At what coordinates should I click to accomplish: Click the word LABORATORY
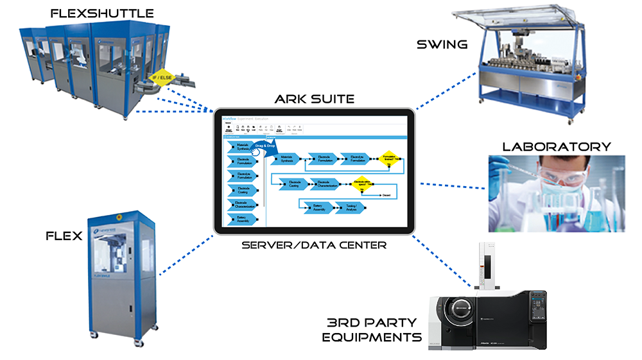click(557, 146)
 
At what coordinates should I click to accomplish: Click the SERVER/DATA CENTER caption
click(313, 245)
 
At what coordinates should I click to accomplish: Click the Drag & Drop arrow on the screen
click(265, 147)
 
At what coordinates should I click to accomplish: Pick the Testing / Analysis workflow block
click(350, 207)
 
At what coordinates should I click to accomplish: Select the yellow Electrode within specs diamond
click(362, 183)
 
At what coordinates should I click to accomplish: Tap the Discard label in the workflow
click(386, 195)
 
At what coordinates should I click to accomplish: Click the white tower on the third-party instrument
click(487, 264)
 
